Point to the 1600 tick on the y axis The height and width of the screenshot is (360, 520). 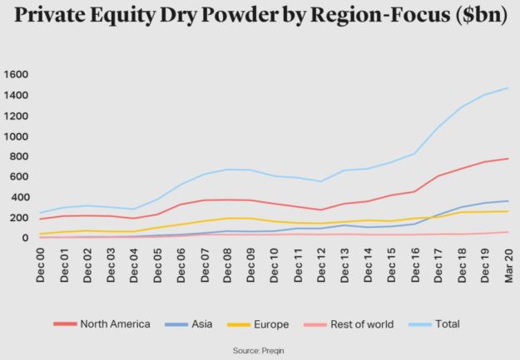click(x=17, y=75)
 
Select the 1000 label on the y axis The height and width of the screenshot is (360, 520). click(x=17, y=136)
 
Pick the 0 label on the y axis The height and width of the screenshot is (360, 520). click(x=26, y=239)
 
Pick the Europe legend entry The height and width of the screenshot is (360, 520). click(x=275, y=324)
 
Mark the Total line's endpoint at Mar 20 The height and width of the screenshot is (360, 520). click(x=508, y=88)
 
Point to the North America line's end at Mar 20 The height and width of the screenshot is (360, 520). click(x=508, y=159)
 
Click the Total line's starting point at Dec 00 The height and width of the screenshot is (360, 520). click(x=41, y=214)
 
